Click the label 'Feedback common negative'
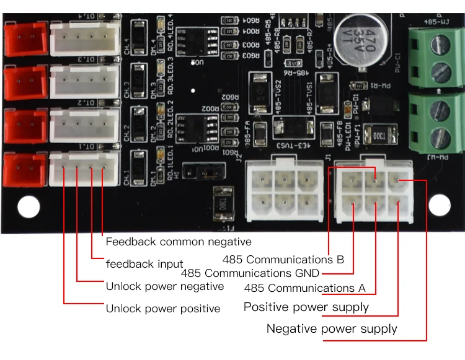point(178,242)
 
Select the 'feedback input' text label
point(144,264)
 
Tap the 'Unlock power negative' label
point(164,286)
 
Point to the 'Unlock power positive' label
point(162,309)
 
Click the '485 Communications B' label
point(283,260)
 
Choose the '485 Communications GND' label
point(250,273)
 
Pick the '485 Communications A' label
point(304,288)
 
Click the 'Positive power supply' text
point(306,307)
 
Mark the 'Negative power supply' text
point(332,328)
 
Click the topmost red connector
point(25,39)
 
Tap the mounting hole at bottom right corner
point(440,205)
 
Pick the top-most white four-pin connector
point(84,39)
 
